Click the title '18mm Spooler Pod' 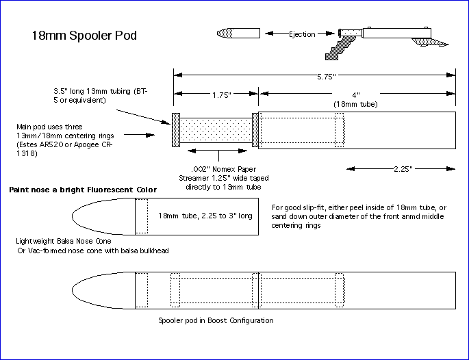point(85,35)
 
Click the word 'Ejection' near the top point(301,34)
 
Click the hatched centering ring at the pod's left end point(176,129)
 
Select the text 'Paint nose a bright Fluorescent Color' point(83,190)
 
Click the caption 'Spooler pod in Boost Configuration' point(216,320)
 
